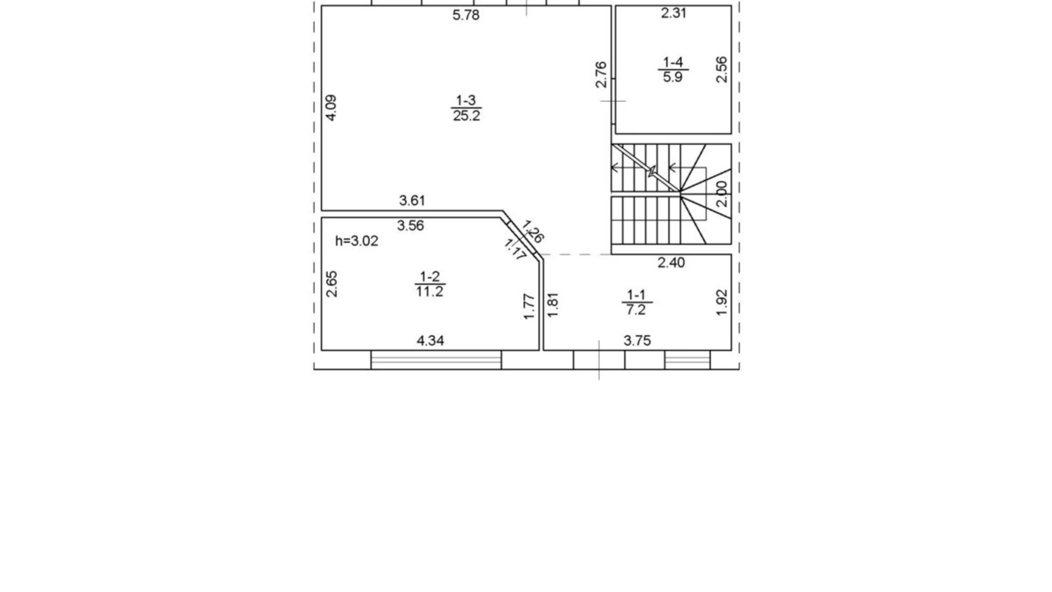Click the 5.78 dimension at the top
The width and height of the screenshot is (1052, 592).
[x=466, y=15]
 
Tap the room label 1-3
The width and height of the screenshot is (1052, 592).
[x=466, y=101]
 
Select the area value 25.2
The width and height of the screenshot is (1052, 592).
[x=466, y=116]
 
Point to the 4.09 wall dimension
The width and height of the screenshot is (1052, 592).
[x=331, y=108]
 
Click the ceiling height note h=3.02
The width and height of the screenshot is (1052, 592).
[x=357, y=241]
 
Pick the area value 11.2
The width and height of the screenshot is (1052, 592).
[x=429, y=291]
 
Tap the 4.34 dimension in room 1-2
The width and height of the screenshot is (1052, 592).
[x=430, y=340]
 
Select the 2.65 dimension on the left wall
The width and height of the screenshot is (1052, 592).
[x=332, y=284]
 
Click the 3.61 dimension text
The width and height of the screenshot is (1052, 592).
[x=412, y=200]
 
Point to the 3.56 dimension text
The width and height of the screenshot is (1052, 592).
[x=410, y=225]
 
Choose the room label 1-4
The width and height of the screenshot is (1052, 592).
[x=673, y=62]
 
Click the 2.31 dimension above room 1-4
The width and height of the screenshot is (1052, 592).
[x=673, y=13]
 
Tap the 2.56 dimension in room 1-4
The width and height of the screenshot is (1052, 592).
[x=721, y=69]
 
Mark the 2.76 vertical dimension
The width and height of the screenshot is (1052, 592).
[x=600, y=75]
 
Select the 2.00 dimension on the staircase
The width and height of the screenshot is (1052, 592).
[x=720, y=194]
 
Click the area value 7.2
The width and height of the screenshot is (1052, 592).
[x=636, y=310]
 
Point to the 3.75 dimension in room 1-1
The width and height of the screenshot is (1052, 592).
[x=637, y=340]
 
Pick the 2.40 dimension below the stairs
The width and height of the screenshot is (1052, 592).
[x=671, y=262]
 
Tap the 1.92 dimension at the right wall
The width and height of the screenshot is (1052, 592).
[x=721, y=303]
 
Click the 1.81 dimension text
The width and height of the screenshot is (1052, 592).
[x=552, y=305]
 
